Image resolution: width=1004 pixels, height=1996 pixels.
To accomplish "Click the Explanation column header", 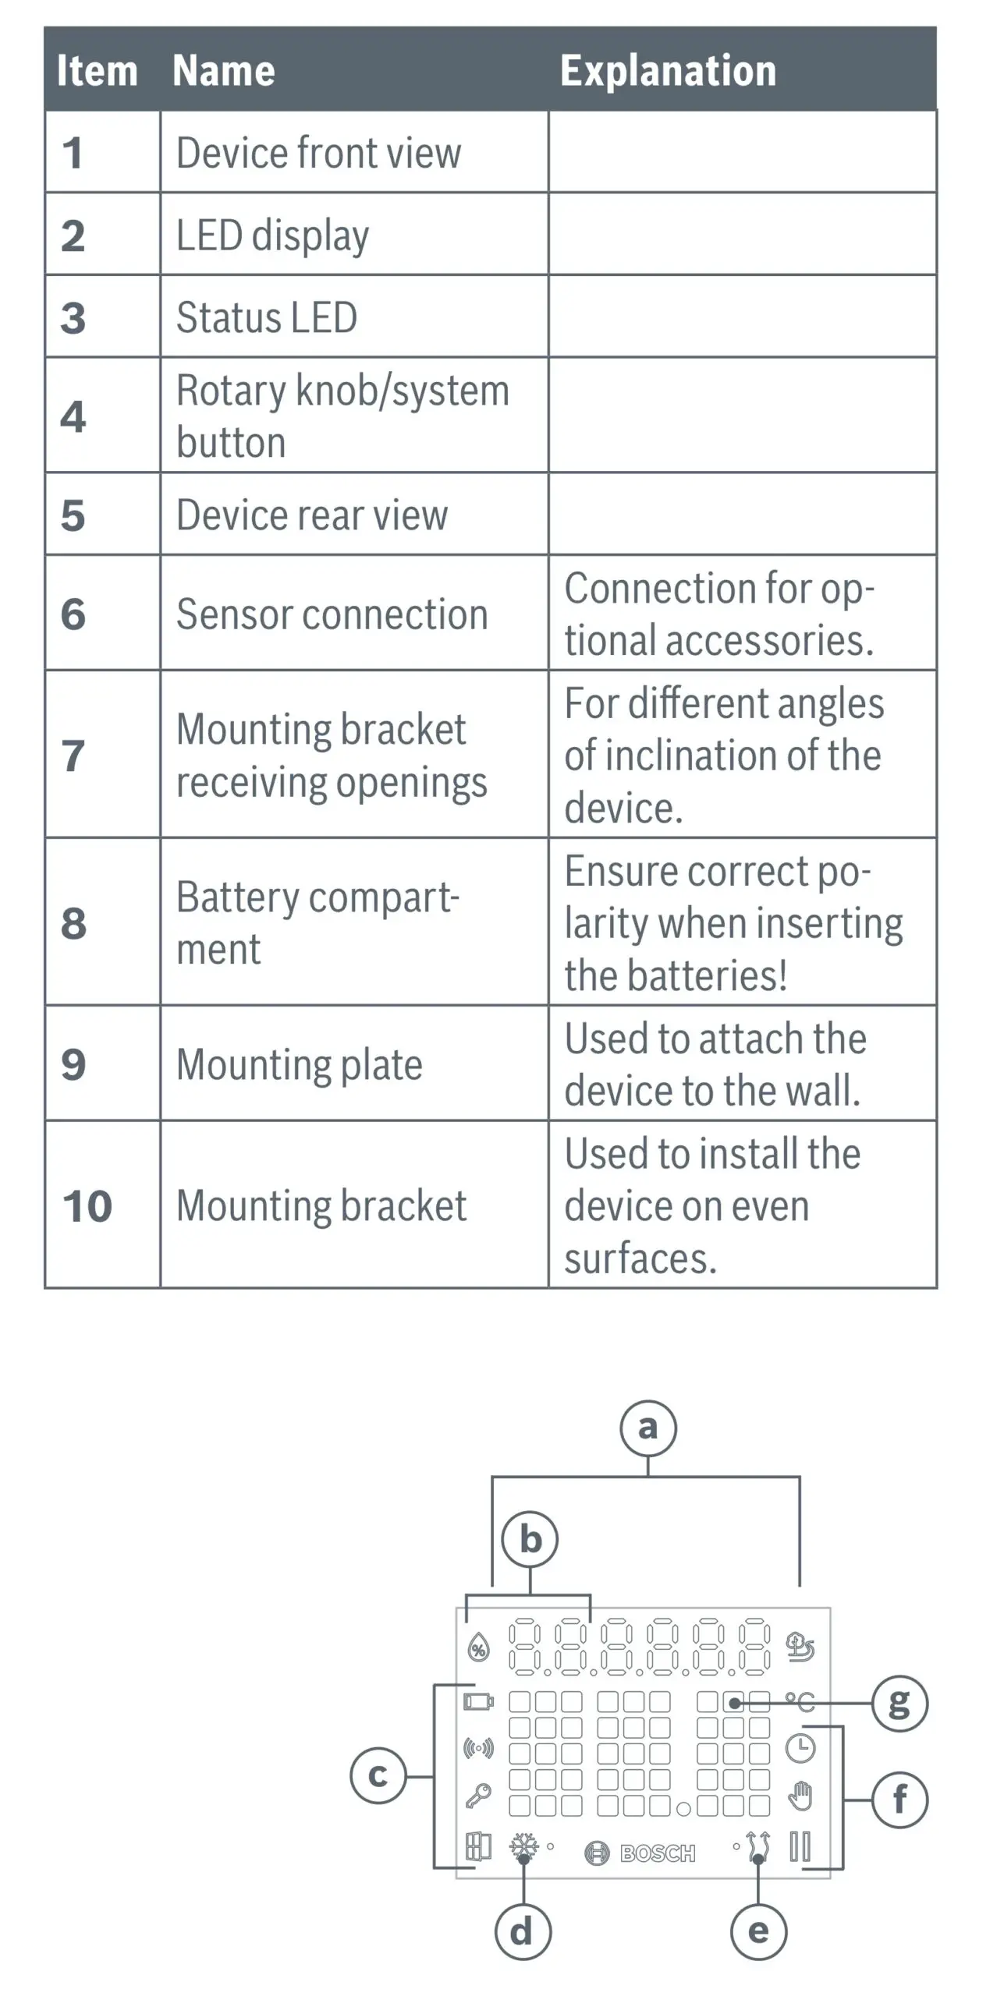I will pyautogui.click(x=668, y=71).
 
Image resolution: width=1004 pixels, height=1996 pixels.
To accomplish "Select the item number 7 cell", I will pyautogui.click(x=73, y=755).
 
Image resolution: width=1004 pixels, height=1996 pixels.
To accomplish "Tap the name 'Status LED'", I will pyautogui.click(x=267, y=317).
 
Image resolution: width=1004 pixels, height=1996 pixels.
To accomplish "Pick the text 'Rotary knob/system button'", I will pyautogui.click(x=342, y=416).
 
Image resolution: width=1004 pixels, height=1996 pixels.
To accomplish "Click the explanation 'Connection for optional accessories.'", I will pyautogui.click(x=718, y=614).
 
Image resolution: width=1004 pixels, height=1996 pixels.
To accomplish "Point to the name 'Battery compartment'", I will pyautogui.click(x=317, y=922).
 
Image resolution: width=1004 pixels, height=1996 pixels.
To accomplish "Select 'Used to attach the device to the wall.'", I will pyautogui.click(x=715, y=1064).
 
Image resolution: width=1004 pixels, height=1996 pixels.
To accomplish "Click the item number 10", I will pyautogui.click(x=87, y=1205).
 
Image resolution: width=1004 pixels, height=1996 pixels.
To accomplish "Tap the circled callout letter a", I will pyautogui.click(x=647, y=1428).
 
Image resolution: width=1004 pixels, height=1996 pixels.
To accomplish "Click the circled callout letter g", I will pyautogui.click(x=899, y=1703).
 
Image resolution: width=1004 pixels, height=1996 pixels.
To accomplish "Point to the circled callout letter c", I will pyautogui.click(x=378, y=1775).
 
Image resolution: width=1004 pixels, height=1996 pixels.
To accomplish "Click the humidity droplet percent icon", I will pyautogui.click(x=478, y=1647).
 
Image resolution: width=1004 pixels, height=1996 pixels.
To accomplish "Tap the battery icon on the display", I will pyautogui.click(x=478, y=1700).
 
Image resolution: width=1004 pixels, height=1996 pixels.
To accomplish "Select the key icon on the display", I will pyautogui.click(x=478, y=1795).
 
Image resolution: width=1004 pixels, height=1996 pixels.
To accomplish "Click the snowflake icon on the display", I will pyautogui.click(x=523, y=1846).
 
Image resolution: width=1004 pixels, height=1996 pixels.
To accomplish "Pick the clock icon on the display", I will pyautogui.click(x=800, y=1749).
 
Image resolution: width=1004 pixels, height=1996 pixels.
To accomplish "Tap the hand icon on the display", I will pyautogui.click(x=800, y=1796).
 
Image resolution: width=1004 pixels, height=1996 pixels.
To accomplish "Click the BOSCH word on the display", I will pyautogui.click(x=657, y=1853).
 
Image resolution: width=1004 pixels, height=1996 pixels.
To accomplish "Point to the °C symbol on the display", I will pyautogui.click(x=800, y=1701).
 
